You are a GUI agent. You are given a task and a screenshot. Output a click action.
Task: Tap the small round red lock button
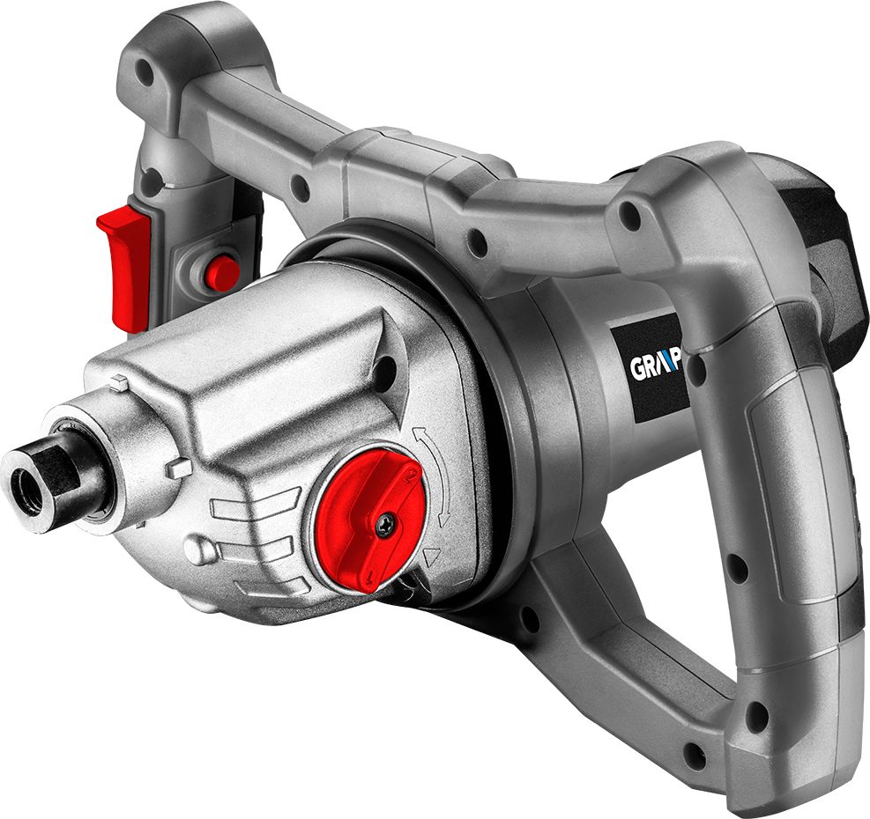click(222, 272)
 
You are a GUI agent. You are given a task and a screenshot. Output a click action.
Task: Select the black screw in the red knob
click(386, 526)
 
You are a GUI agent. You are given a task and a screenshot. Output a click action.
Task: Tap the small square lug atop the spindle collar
click(116, 384)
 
